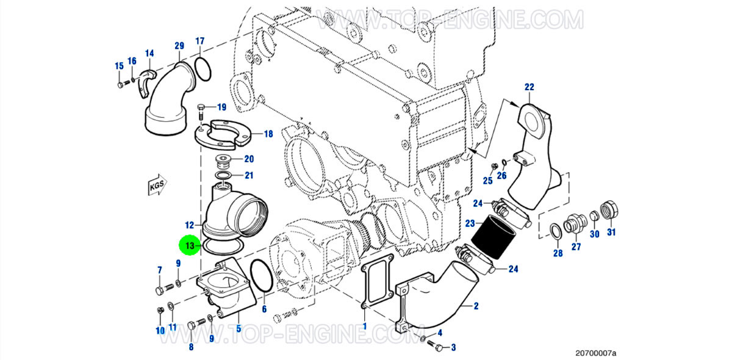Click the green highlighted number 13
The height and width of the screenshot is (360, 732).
coord(190,246)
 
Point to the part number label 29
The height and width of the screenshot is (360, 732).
coord(179,46)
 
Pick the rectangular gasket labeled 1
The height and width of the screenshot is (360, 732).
coord(376,286)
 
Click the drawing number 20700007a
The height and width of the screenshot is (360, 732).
coord(596,353)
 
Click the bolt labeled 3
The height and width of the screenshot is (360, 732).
coord(436,346)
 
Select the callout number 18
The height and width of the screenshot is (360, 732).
coord(268,134)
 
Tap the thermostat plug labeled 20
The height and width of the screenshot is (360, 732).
coord(224,162)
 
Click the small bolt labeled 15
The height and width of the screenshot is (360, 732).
coord(120,84)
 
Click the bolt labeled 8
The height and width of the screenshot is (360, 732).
coord(196,324)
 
